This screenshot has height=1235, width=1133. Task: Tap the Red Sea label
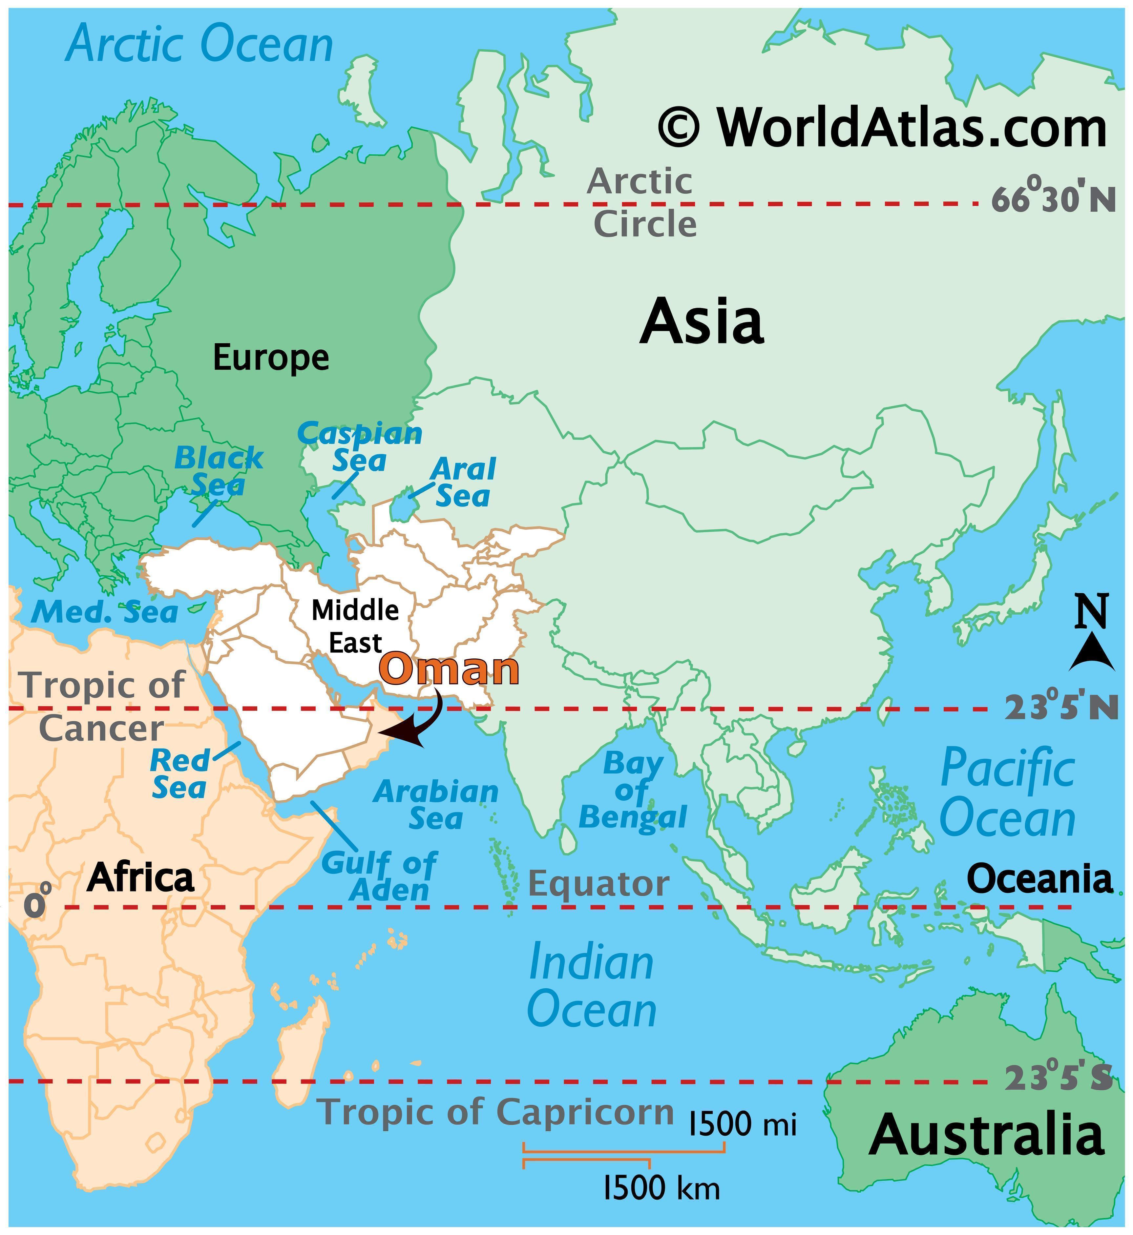click(x=179, y=773)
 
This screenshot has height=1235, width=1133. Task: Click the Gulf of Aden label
click(x=380, y=876)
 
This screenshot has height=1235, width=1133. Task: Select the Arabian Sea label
click(x=436, y=805)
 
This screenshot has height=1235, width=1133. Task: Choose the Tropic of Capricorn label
click(x=495, y=1111)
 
